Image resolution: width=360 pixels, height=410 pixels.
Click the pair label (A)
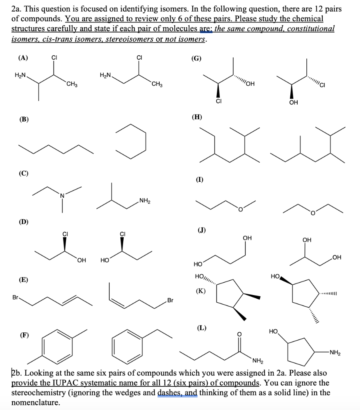pyautogui.click(x=23, y=57)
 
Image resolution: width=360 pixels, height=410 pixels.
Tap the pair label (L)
pyautogui.click(x=201, y=328)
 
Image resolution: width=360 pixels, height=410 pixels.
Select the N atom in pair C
pyautogui.click(x=62, y=195)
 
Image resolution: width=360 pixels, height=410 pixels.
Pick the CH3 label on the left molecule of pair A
pyautogui.click(x=72, y=84)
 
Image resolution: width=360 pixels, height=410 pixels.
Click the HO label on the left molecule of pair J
pyautogui.click(x=198, y=264)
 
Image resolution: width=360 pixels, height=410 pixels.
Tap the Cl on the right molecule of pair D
pyautogui.click(x=122, y=233)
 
